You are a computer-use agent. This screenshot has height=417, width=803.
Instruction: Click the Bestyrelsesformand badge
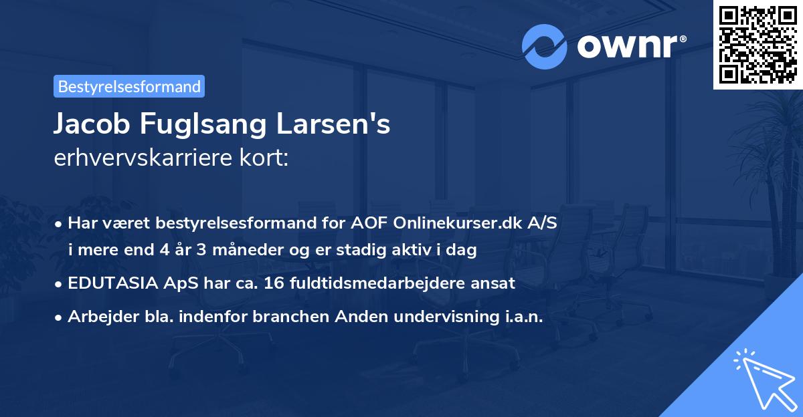pyautogui.click(x=129, y=86)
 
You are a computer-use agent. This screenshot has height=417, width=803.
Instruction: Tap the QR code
pyautogui.click(x=757, y=45)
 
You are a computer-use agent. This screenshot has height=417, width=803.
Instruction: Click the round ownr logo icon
pyautogui.click(x=545, y=46)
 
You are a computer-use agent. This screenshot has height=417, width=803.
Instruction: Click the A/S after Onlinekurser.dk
pyautogui.click(x=541, y=224)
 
